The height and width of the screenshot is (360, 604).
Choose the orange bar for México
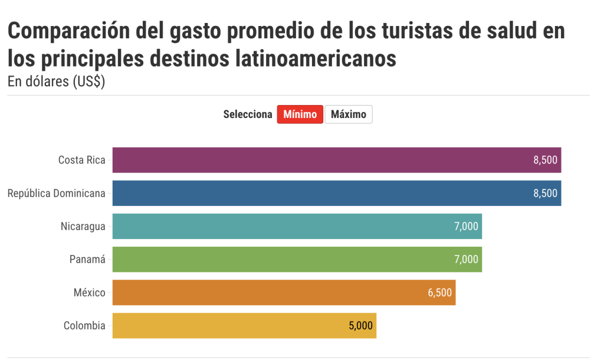(284, 292)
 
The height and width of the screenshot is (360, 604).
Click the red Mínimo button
(300, 114)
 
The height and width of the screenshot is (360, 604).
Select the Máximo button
(349, 114)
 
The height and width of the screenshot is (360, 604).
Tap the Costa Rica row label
(81, 160)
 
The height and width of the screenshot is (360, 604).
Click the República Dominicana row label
(56, 193)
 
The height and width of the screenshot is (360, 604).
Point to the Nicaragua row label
(83, 226)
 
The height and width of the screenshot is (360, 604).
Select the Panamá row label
(87, 259)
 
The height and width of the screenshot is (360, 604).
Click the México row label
(90, 292)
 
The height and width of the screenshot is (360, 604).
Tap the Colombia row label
(84, 325)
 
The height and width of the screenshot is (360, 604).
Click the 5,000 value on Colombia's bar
(360, 325)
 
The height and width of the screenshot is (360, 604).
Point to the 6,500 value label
(440, 292)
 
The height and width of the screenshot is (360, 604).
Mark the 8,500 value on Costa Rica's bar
(545, 160)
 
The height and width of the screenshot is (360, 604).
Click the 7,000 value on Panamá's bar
(466, 259)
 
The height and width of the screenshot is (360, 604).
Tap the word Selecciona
(248, 114)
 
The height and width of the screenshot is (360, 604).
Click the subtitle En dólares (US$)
(57, 82)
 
